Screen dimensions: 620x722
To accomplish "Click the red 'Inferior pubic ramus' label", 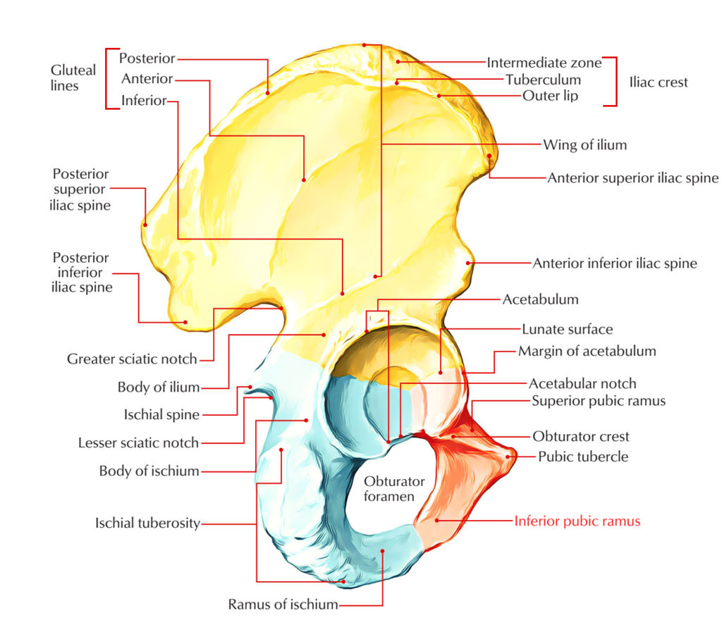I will tap(577, 521).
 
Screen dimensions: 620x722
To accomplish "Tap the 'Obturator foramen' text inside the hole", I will tap(394, 489).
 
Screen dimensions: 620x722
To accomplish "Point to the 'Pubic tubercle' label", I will tap(582, 457).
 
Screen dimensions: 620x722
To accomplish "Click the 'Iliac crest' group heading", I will tap(658, 82).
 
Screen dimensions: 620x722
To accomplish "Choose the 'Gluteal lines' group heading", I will tap(73, 78).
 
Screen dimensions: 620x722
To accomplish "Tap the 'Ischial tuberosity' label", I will tap(147, 523).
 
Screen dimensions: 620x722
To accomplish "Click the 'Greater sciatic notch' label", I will tap(132, 359).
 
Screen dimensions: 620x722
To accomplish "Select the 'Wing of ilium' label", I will tap(585, 145).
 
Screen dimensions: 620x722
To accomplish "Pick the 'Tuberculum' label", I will tap(543, 79).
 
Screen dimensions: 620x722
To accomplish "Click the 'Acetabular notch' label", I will tap(582, 384).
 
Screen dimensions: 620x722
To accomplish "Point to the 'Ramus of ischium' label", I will tap(283, 604).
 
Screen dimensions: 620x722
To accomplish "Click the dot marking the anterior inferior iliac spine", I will tap(467, 263).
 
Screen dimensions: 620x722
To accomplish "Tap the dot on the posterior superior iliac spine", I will tap(145, 224).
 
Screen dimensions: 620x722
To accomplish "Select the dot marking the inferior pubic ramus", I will tap(437, 521).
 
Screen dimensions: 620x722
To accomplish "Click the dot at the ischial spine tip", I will tap(250, 387).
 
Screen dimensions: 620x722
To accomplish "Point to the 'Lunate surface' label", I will tap(567, 329).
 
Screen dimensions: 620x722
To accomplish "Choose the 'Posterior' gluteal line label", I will tap(147, 59).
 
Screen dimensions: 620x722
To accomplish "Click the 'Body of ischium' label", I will tap(149, 471).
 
